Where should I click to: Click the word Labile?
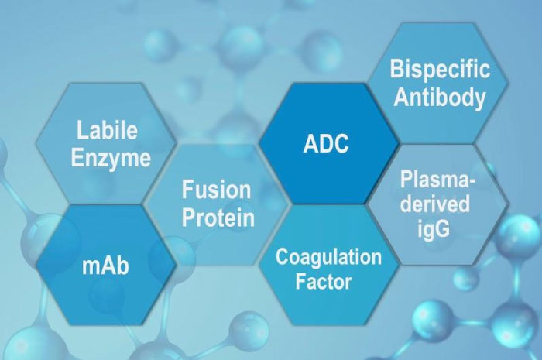pyautogui.click(x=107, y=130)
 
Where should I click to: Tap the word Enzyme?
pyautogui.click(x=111, y=158)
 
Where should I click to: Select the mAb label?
pyautogui.click(x=105, y=266)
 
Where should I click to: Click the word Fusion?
pyautogui.click(x=216, y=190)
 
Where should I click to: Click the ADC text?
pyautogui.click(x=326, y=143)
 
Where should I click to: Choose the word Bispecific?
pyautogui.click(x=440, y=69)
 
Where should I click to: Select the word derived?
pyautogui.click(x=435, y=204)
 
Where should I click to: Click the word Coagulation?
pyautogui.click(x=328, y=257)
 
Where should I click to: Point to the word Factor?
pyautogui.click(x=324, y=281)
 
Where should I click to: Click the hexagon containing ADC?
pyautogui.click(x=329, y=143)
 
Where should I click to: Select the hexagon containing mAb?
pyautogui.click(x=106, y=265)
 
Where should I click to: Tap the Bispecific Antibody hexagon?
pyautogui.click(x=438, y=84)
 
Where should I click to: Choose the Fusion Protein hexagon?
pyautogui.click(x=216, y=205)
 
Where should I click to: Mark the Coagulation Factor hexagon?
pyautogui.click(x=329, y=265)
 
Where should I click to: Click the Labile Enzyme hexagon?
pyautogui.click(x=106, y=143)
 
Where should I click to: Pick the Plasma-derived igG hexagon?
pyautogui.click(x=438, y=205)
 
